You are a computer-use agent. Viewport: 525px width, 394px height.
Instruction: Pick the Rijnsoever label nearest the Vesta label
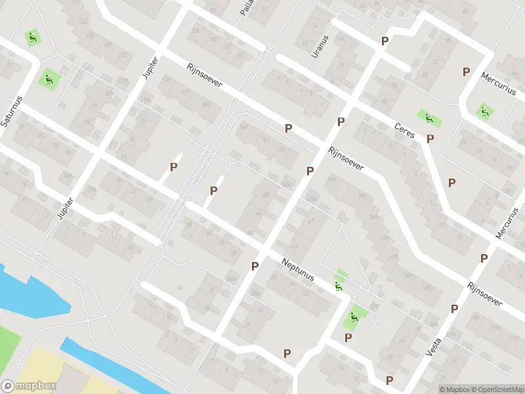(x=485, y=295)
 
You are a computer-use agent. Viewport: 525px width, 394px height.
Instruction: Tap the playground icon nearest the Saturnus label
(x=48, y=79)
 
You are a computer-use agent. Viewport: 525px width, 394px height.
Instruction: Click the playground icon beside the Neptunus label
(x=339, y=286)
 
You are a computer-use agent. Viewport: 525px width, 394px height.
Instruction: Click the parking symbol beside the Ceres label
(x=430, y=139)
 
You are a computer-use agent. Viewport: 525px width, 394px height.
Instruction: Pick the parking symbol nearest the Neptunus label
(x=255, y=266)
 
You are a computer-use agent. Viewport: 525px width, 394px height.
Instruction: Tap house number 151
(x=264, y=139)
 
